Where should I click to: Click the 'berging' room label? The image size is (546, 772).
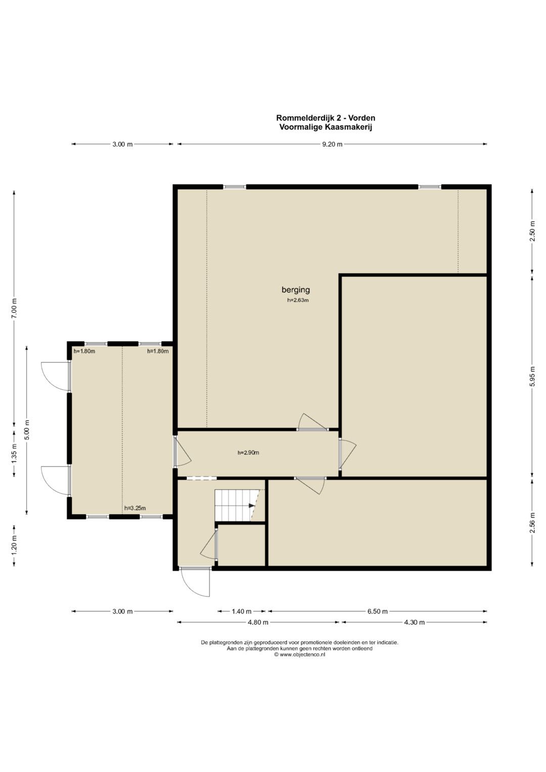pyautogui.click(x=295, y=290)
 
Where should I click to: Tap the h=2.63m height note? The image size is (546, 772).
pyautogui.click(x=298, y=300)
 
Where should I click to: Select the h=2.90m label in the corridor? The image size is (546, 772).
pyautogui.click(x=248, y=452)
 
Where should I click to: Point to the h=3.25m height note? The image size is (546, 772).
pyautogui.click(x=135, y=508)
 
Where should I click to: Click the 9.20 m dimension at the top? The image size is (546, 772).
pyautogui.click(x=332, y=145)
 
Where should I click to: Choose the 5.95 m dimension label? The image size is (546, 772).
pyautogui.click(x=532, y=376)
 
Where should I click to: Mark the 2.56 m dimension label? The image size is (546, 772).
pyautogui.click(x=532, y=522)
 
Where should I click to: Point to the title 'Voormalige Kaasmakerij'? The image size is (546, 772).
pyautogui.click(x=326, y=127)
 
